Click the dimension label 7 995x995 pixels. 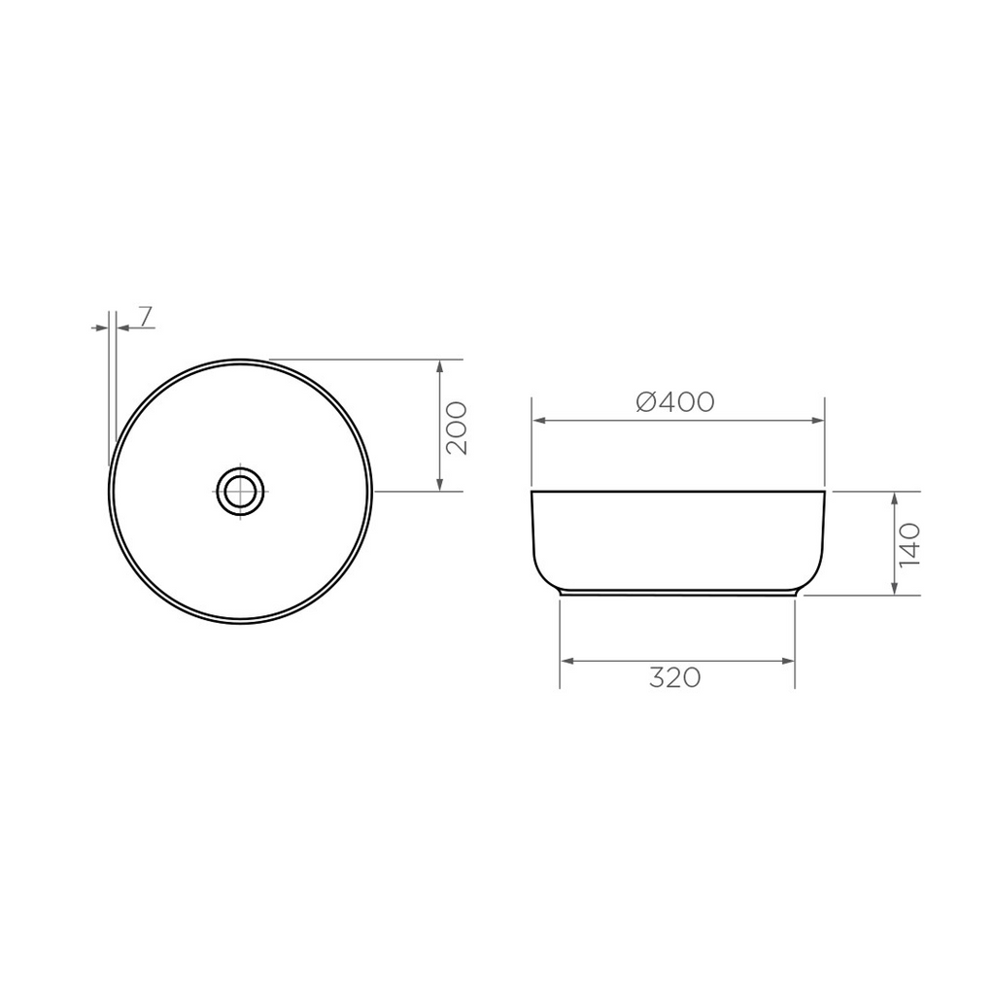pos(144,316)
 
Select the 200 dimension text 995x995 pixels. pos(458,428)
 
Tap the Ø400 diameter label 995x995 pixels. pos(676,401)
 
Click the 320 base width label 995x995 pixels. pos(675,678)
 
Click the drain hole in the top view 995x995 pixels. pos(239,491)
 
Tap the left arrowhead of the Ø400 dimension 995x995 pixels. pos(537,421)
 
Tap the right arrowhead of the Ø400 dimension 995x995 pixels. pos(818,421)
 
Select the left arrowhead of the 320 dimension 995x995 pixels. pos(567,661)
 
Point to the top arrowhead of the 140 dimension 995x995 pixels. pos(894,498)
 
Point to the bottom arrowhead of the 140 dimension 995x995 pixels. pos(894,588)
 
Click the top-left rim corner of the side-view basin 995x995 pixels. pos(532,494)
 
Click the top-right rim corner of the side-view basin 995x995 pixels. pos(824,494)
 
